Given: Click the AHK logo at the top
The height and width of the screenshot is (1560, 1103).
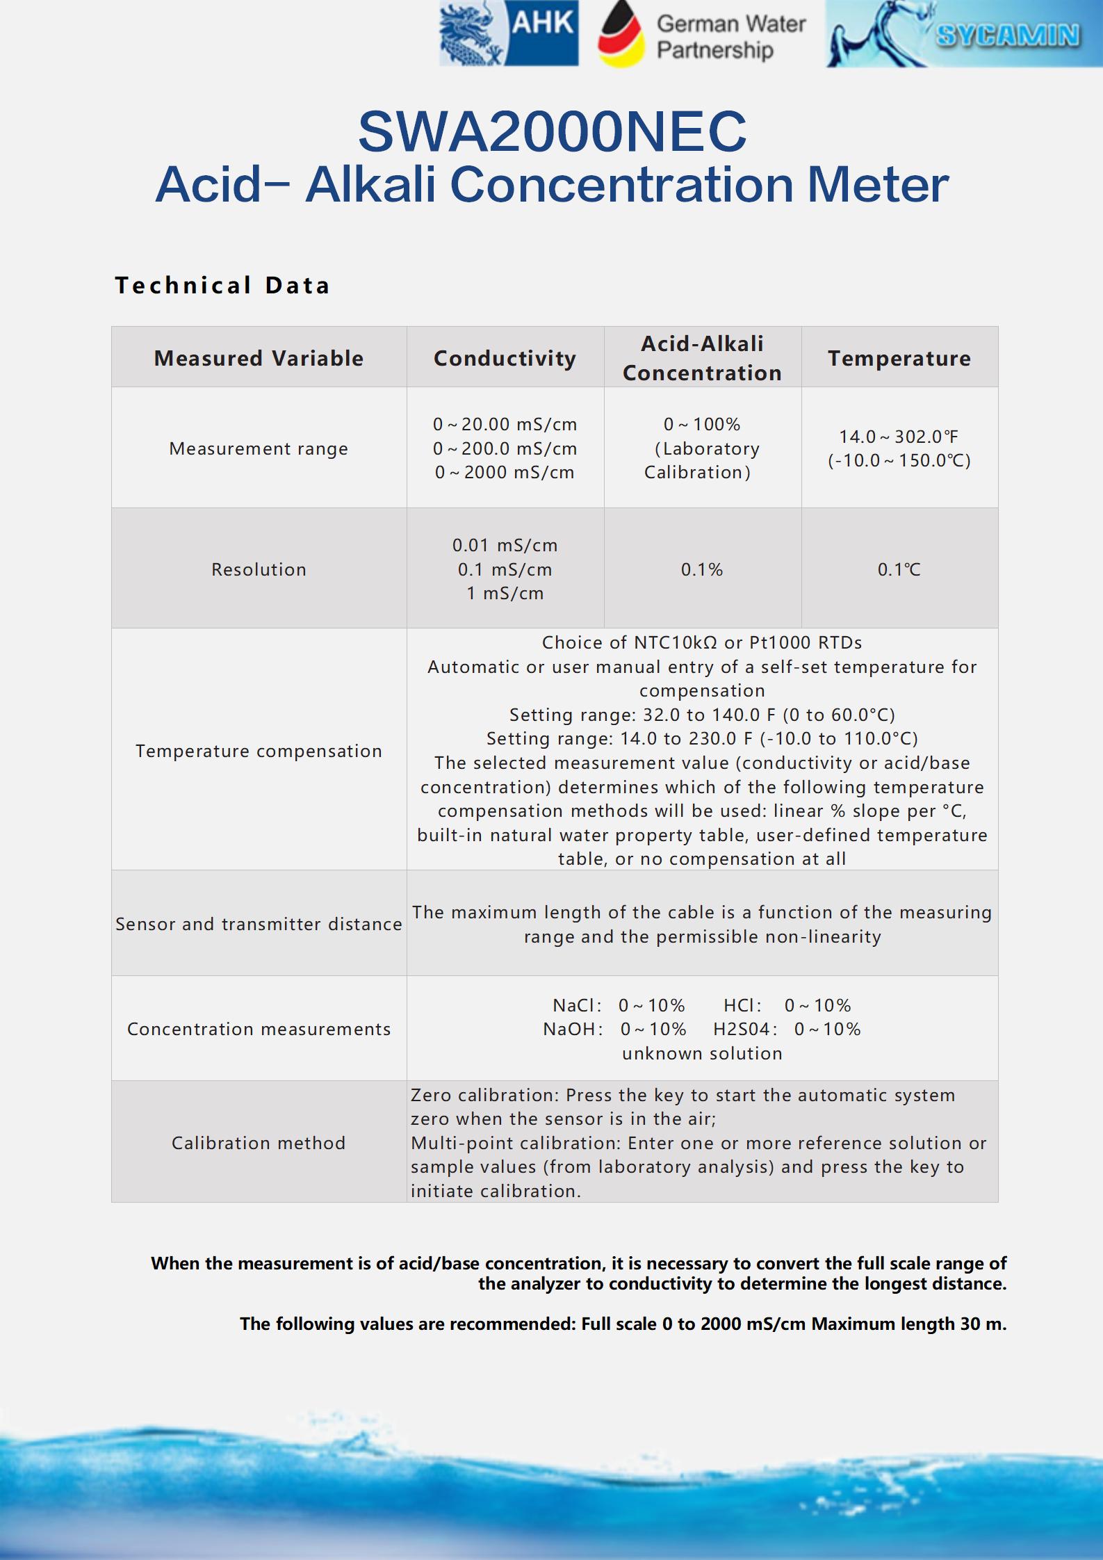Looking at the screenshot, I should click(509, 33).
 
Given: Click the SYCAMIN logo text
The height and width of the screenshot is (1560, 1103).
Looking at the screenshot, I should click(1008, 35).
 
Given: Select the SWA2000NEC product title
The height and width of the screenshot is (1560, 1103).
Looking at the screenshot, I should click(552, 131).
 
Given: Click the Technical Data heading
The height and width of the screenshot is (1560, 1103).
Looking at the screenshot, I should click(222, 285).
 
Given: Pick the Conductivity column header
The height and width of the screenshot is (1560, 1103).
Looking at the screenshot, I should click(505, 358).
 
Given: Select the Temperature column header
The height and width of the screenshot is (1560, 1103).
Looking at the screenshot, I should click(899, 358).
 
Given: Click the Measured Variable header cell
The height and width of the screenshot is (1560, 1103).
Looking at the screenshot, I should click(259, 358).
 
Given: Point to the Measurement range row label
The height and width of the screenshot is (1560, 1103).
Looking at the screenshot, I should click(259, 448).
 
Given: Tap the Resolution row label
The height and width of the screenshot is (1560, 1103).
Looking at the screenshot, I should click(259, 569).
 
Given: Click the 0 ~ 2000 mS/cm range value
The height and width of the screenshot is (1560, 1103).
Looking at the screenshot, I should click(505, 473).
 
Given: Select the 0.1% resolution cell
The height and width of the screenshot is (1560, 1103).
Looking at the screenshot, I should click(702, 569).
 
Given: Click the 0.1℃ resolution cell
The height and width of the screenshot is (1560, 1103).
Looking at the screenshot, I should click(899, 569).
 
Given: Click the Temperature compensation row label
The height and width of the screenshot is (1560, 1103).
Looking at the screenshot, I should click(259, 751).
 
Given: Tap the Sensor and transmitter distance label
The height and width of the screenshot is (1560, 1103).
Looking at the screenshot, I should click(259, 924).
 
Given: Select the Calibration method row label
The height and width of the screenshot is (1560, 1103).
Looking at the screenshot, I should click(259, 1143).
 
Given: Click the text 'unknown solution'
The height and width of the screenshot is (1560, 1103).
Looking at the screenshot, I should click(702, 1053).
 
